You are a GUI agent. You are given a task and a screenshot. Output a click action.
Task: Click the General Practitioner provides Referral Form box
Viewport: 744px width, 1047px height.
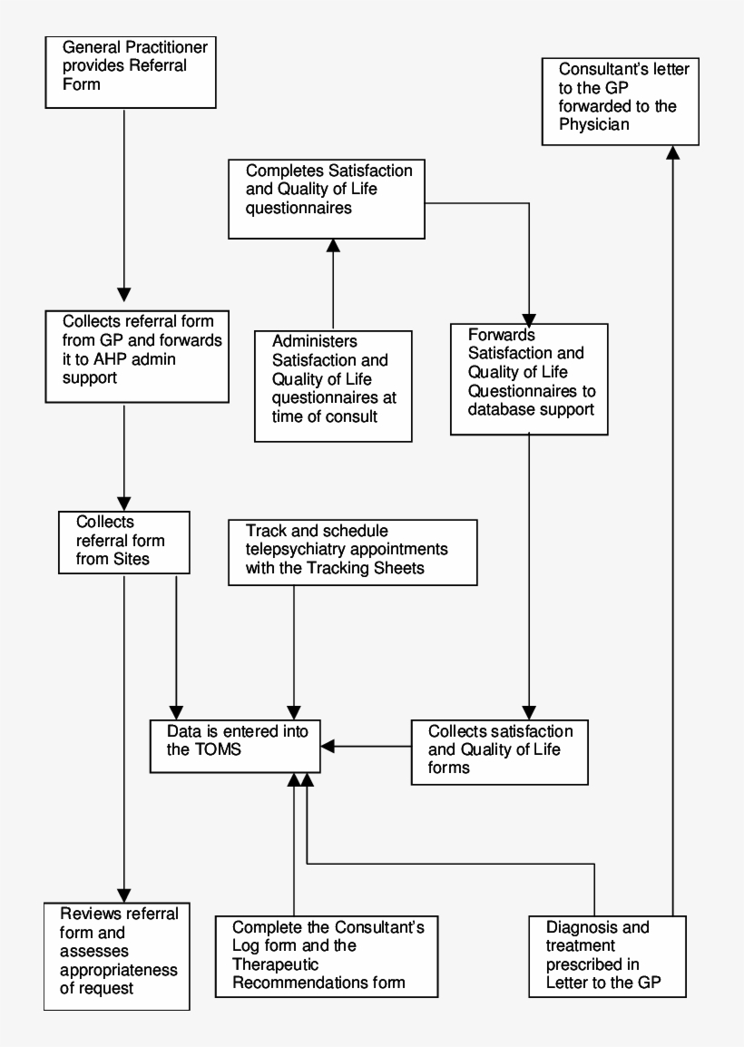coord(129,72)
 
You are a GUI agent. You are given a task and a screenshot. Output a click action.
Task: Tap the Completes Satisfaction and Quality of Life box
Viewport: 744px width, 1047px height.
coord(327,199)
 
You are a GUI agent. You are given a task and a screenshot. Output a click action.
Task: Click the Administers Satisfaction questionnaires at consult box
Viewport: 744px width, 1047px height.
coord(332,386)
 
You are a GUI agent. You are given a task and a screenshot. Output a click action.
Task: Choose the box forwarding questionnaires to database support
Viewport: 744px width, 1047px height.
coord(529,378)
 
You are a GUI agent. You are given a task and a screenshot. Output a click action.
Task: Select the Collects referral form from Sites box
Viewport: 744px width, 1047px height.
coord(124,542)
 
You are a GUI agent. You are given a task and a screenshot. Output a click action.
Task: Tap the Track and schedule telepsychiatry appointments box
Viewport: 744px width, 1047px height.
coord(352,551)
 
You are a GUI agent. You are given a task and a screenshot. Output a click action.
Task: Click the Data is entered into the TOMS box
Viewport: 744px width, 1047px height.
coord(234,746)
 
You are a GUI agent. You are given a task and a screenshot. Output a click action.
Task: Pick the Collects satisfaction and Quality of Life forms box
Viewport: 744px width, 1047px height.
coord(498,751)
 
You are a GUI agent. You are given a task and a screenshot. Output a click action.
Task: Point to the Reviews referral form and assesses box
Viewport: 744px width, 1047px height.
coord(117,955)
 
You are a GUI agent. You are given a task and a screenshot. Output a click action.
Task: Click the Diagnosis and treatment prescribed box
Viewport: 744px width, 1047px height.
coord(607,956)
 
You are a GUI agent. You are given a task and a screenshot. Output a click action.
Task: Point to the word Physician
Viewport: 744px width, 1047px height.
coord(594,124)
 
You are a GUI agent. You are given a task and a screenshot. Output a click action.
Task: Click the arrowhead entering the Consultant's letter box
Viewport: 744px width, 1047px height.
coord(673,153)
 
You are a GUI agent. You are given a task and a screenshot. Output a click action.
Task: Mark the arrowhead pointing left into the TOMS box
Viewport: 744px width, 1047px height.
coord(328,746)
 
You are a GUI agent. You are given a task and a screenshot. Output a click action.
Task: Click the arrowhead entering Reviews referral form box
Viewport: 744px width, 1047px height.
coord(124,894)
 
